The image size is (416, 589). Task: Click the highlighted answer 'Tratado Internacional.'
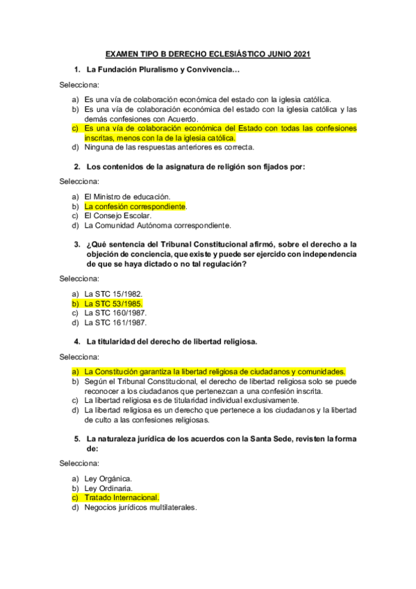tap(122, 497)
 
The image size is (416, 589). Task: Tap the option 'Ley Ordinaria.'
tap(110, 488)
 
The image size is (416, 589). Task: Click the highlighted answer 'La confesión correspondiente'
tap(135, 206)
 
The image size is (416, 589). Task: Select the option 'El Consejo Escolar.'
tap(117, 215)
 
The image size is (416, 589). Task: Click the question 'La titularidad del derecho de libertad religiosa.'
tap(172, 342)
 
